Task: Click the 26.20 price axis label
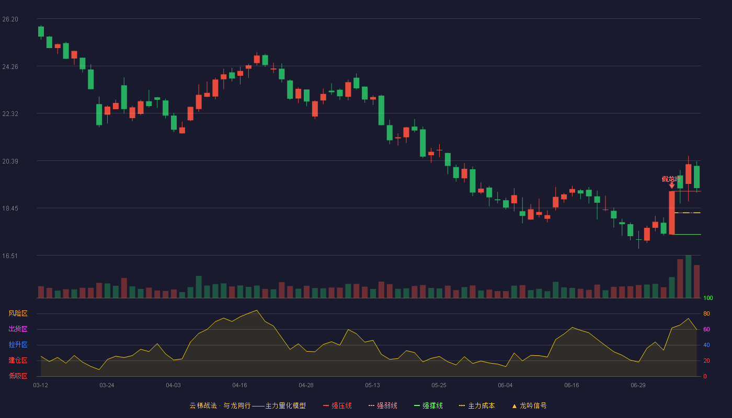click(10, 19)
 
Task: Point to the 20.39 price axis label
click(10, 161)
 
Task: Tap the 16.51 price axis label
click(10, 256)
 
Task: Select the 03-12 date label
click(41, 386)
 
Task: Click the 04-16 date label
click(239, 386)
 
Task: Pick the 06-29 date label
click(638, 386)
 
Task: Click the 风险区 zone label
click(18, 313)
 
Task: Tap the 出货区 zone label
click(18, 329)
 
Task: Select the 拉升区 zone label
click(18, 344)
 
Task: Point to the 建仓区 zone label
click(18, 360)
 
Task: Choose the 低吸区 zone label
click(18, 376)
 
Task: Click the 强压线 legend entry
click(338, 406)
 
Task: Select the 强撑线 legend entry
click(428, 406)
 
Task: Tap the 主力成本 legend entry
click(477, 406)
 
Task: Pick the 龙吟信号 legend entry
click(529, 406)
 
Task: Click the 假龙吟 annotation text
click(671, 179)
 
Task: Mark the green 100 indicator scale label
click(708, 298)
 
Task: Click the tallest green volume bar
click(688, 276)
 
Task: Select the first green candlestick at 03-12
click(41, 32)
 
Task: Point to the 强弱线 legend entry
click(383, 406)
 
